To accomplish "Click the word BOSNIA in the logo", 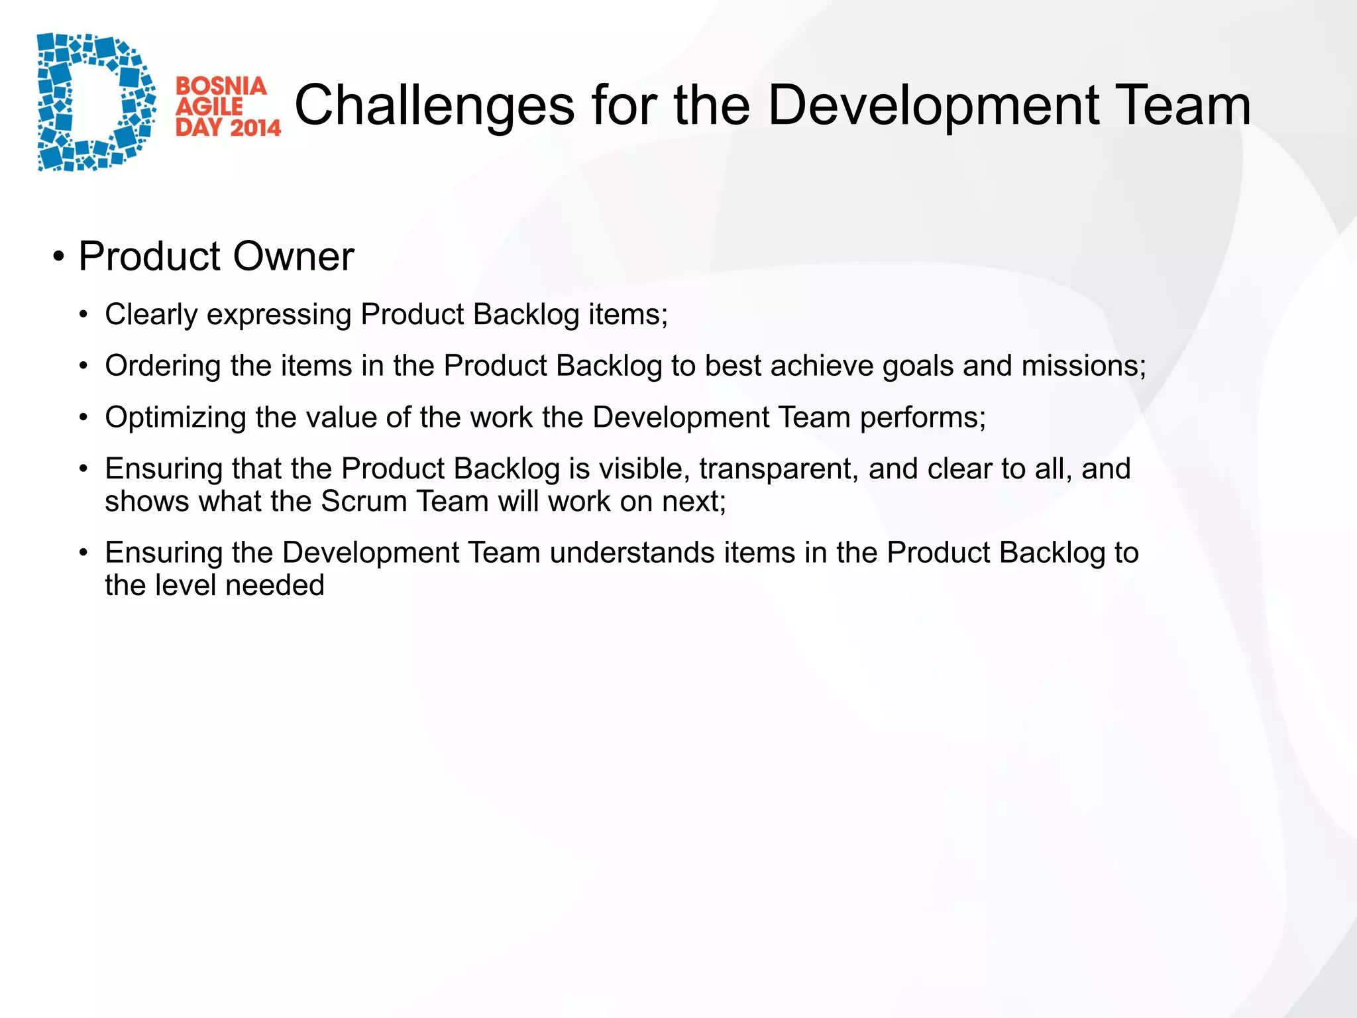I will click(x=221, y=87).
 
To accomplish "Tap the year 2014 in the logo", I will click(x=255, y=127).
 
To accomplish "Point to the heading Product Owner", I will click(x=216, y=257).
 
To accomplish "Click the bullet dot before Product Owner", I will click(x=59, y=257).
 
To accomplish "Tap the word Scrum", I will click(x=363, y=502).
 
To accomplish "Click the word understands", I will click(x=631, y=553).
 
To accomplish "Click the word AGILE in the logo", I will click(x=209, y=107).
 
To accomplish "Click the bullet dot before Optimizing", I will click(x=83, y=418).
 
